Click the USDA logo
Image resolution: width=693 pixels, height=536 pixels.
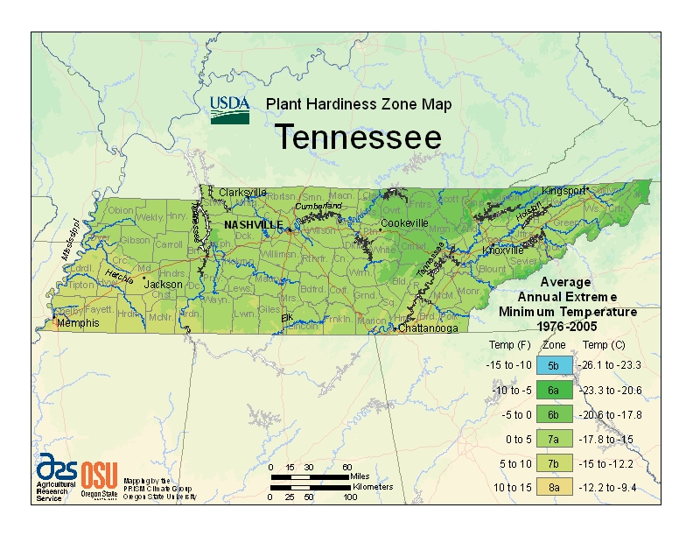(x=230, y=109)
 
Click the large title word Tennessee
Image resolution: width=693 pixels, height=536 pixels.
(x=359, y=138)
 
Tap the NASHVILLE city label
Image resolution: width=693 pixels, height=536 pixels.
(x=253, y=224)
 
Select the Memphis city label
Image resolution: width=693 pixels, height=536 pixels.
(x=79, y=323)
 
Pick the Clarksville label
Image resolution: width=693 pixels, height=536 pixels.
(x=242, y=192)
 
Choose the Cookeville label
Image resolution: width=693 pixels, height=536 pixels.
(x=409, y=223)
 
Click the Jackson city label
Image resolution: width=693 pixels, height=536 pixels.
(x=164, y=285)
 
